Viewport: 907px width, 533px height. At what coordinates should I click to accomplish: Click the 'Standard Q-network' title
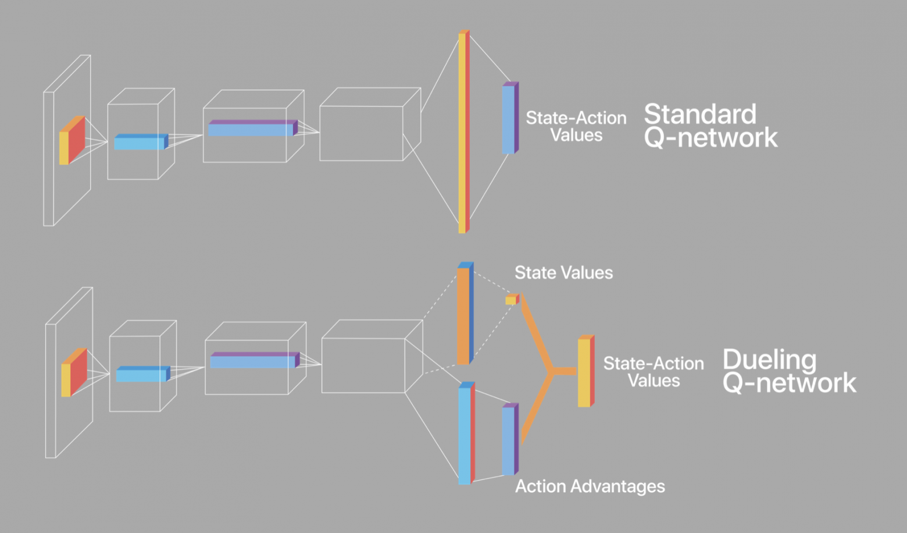[x=710, y=126]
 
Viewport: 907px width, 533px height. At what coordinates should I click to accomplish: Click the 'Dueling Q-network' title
[x=788, y=371]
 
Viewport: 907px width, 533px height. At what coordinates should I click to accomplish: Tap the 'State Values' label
[x=563, y=273]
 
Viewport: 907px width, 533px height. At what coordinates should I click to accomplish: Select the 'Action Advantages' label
[x=590, y=486]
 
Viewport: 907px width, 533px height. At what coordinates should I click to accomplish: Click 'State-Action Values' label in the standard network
[x=576, y=126]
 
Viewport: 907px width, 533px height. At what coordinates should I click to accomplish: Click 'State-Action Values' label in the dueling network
[x=653, y=372]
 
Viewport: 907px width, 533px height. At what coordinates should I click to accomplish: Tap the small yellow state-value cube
[x=511, y=300]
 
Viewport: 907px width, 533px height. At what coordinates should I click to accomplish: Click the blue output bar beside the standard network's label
[x=509, y=119]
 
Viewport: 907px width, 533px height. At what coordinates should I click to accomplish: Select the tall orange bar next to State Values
[x=463, y=315]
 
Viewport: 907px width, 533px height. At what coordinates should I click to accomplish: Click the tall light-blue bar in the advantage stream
[x=465, y=435]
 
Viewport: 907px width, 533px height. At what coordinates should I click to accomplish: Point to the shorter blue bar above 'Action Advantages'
[x=509, y=440]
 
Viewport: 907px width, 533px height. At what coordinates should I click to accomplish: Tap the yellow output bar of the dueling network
[x=584, y=372]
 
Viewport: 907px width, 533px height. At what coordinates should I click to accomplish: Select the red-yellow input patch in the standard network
[x=72, y=141]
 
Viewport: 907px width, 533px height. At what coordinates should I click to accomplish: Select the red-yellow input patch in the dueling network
[x=74, y=374]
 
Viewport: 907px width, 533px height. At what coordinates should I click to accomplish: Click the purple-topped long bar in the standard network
[x=251, y=129]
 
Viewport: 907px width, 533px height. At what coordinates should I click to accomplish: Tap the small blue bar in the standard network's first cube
[x=140, y=143]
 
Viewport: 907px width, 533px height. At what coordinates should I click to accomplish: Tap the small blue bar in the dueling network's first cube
[x=142, y=375]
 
